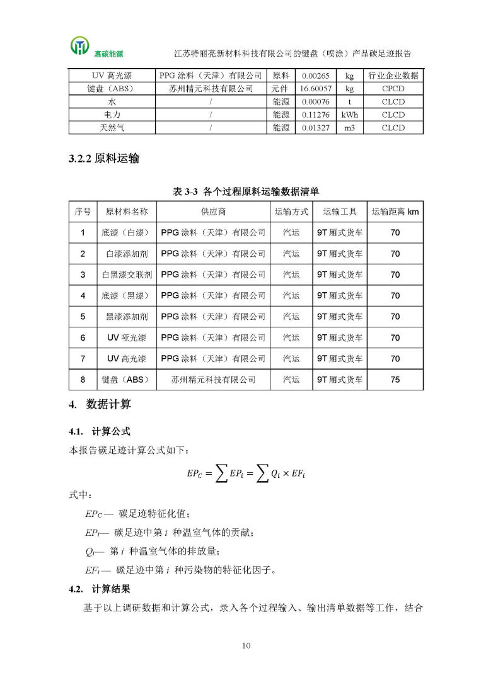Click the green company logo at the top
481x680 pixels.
tap(80, 46)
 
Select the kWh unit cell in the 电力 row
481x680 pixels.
tap(349, 115)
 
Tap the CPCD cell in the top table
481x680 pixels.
tap(393, 89)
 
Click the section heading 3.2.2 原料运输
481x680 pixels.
tap(104, 159)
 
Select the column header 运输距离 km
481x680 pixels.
tap(395, 212)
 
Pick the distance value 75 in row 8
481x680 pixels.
tap(395, 380)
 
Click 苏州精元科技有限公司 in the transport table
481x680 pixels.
tap(214, 380)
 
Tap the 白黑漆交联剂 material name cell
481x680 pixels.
tap(127, 275)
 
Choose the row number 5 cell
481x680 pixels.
tap(83, 317)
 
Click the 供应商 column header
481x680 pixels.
tap(214, 212)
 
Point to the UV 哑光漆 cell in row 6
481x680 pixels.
tap(127, 337)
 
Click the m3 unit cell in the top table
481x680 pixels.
tap(349, 128)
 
